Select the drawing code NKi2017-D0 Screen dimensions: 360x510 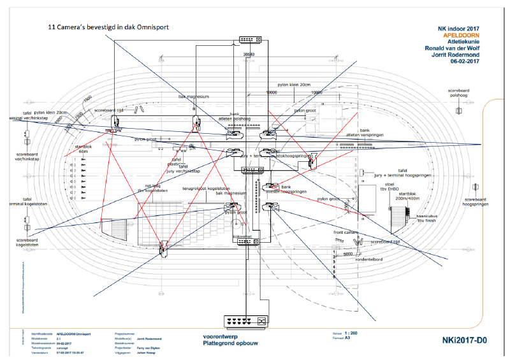pos(464,341)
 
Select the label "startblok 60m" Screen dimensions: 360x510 pos(84,149)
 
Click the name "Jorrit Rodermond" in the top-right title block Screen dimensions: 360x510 pos(455,55)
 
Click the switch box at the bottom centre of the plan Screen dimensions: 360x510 pos(245,322)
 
